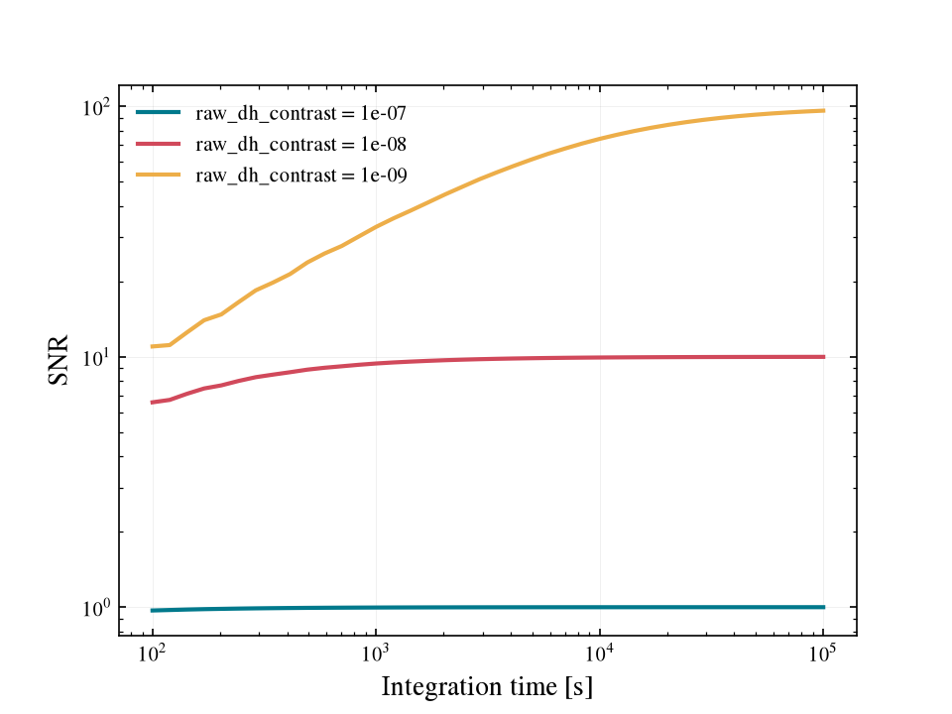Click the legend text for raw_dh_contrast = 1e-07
pyautogui.click(x=300, y=113)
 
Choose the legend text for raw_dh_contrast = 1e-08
pyautogui.click(x=300, y=145)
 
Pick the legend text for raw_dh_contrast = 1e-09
pyautogui.click(x=300, y=176)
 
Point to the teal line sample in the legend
pyautogui.click(x=159, y=112)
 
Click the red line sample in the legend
pyautogui.click(x=159, y=144)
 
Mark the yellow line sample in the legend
pyautogui.click(x=159, y=175)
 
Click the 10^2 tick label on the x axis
pyautogui.click(x=153, y=653)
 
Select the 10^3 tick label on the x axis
pyautogui.click(x=376, y=653)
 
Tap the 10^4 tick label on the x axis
pyautogui.click(x=600, y=653)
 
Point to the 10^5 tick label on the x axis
pyautogui.click(x=823, y=653)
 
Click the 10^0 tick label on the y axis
pyautogui.click(x=96, y=607)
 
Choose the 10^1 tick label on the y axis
pyautogui.click(x=96, y=357)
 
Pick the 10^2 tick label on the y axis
pyautogui.click(x=96, y=107)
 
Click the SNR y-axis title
pyautogui.click(x=59, y=360)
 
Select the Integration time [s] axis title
pyautogui.click(x=487, y=687)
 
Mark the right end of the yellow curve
pyautogui.click(x=824, y=110)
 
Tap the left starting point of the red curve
pyautogui.click(x=152, y=402)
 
